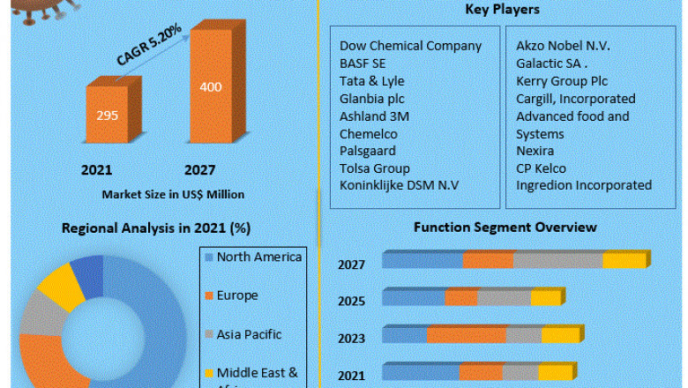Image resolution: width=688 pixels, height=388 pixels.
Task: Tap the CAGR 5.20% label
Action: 149,45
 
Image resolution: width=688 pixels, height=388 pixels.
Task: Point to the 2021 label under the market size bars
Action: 96,170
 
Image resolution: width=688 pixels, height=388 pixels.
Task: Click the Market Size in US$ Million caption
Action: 173,194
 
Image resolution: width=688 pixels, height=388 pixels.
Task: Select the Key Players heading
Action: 502,10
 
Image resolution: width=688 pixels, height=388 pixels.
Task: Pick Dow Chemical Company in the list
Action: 411,46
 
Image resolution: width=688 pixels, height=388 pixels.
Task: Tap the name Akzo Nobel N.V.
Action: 563,46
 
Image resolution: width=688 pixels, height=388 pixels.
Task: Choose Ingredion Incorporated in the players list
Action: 584,185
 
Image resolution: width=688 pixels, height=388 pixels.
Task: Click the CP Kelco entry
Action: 542,168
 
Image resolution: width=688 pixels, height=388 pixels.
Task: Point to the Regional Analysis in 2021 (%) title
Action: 156,228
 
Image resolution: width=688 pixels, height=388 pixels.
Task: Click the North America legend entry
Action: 259,257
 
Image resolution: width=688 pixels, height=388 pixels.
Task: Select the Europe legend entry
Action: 237,295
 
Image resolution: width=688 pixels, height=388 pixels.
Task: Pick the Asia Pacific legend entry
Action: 249,334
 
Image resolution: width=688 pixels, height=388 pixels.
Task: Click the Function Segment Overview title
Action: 505,228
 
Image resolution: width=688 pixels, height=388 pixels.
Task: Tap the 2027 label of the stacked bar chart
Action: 351,265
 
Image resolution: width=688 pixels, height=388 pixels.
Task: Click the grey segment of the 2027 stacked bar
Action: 557,260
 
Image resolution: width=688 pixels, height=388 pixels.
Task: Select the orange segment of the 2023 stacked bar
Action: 466,335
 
